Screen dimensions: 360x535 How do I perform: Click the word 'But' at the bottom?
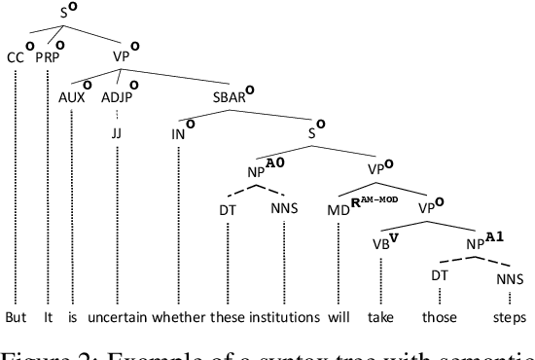click(x=15, y=317)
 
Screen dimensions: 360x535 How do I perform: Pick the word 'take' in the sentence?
click(x=380, y=317)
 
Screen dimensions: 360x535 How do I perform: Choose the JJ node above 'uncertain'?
click(x=115, y=131)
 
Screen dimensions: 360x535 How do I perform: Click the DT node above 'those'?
click(x=437, y=275)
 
